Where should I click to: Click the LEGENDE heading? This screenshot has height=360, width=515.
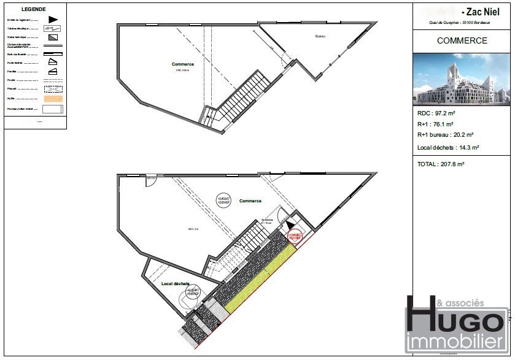click(33, 10)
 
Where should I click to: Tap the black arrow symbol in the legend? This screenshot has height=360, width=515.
click(53, 20)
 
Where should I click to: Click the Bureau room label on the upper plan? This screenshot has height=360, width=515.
click(320, 37)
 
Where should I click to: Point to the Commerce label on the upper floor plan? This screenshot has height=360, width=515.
click(183, 64)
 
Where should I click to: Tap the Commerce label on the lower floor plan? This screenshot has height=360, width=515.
click(250, 201)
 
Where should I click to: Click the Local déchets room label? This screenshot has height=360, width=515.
click(175, 284)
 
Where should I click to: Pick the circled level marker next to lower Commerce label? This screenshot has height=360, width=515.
click(226, 200)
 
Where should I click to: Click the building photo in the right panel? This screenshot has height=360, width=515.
click(462, 79)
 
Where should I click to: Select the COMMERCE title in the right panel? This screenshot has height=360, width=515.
click(462, 41)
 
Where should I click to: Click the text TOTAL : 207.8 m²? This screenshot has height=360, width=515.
click(441, 164)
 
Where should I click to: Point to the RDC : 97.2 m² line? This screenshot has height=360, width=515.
click(435, 113)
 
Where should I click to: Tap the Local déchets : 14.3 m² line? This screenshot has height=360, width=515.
click(448, 147)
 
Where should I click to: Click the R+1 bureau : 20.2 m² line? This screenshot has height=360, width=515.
click(445, 135)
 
